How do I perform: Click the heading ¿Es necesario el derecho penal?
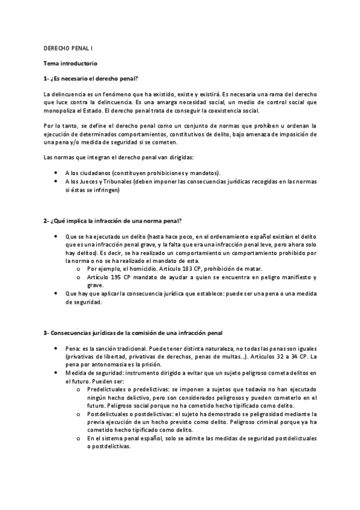pyautogui.click(x=94, y=79)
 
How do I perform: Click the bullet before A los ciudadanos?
pyautogui.click(x=56, y=173)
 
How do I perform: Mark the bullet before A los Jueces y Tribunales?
pyautogui.click(x=56, y=182)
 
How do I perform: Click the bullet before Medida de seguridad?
pyautogui.click(x=56, y=373)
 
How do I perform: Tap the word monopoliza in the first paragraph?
pyautogui.click(x=60, y=111)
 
